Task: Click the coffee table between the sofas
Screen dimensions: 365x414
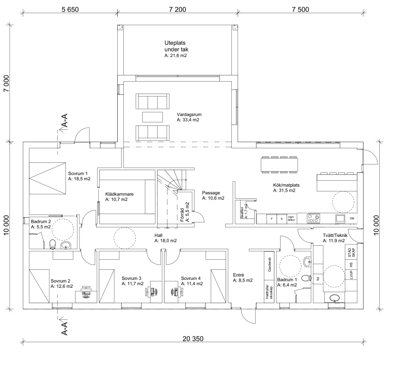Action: click(x=152, y=116)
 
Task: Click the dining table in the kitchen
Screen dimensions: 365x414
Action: click(x=280, y=165)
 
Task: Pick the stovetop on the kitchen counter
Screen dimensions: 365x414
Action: click(x=313, y=218)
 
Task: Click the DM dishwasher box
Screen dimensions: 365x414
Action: click(x=352, y=218)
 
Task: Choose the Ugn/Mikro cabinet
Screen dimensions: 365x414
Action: click(x=291, y=218)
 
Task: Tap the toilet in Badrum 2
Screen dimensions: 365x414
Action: click(x=52, y=243)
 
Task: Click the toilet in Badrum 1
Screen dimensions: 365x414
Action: click(x=307, y=262)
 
